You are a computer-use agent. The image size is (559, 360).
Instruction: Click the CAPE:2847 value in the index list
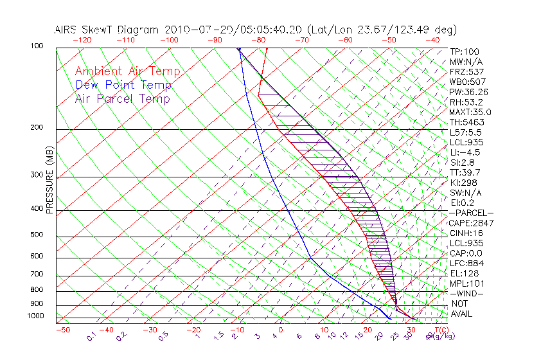(x=471, y=223)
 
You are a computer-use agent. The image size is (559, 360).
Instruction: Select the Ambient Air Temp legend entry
(x=127, y=72)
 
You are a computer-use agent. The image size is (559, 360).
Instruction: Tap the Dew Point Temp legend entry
(x=123, y=85)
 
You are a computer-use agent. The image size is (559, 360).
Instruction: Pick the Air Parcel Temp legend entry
(x=122, y=99)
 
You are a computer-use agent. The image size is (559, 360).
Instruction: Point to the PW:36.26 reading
(x=469, y=92)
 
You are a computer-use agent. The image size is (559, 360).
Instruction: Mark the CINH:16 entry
(x=466, y=233)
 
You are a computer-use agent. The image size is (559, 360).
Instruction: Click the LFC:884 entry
(x=466, y=264)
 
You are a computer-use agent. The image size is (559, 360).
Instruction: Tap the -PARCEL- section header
(x=471, y=213)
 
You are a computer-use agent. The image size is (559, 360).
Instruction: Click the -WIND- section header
(x=467, y=294)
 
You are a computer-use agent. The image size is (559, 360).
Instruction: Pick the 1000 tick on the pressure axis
(x=36, y=316)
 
